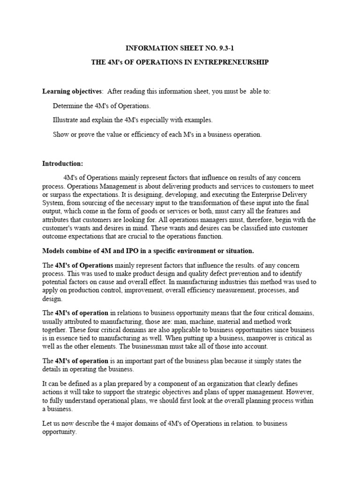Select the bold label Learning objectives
72,91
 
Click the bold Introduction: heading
63,164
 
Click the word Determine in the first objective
68,106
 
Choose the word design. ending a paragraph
52,299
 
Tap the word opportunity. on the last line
59,432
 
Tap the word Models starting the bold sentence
53,251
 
